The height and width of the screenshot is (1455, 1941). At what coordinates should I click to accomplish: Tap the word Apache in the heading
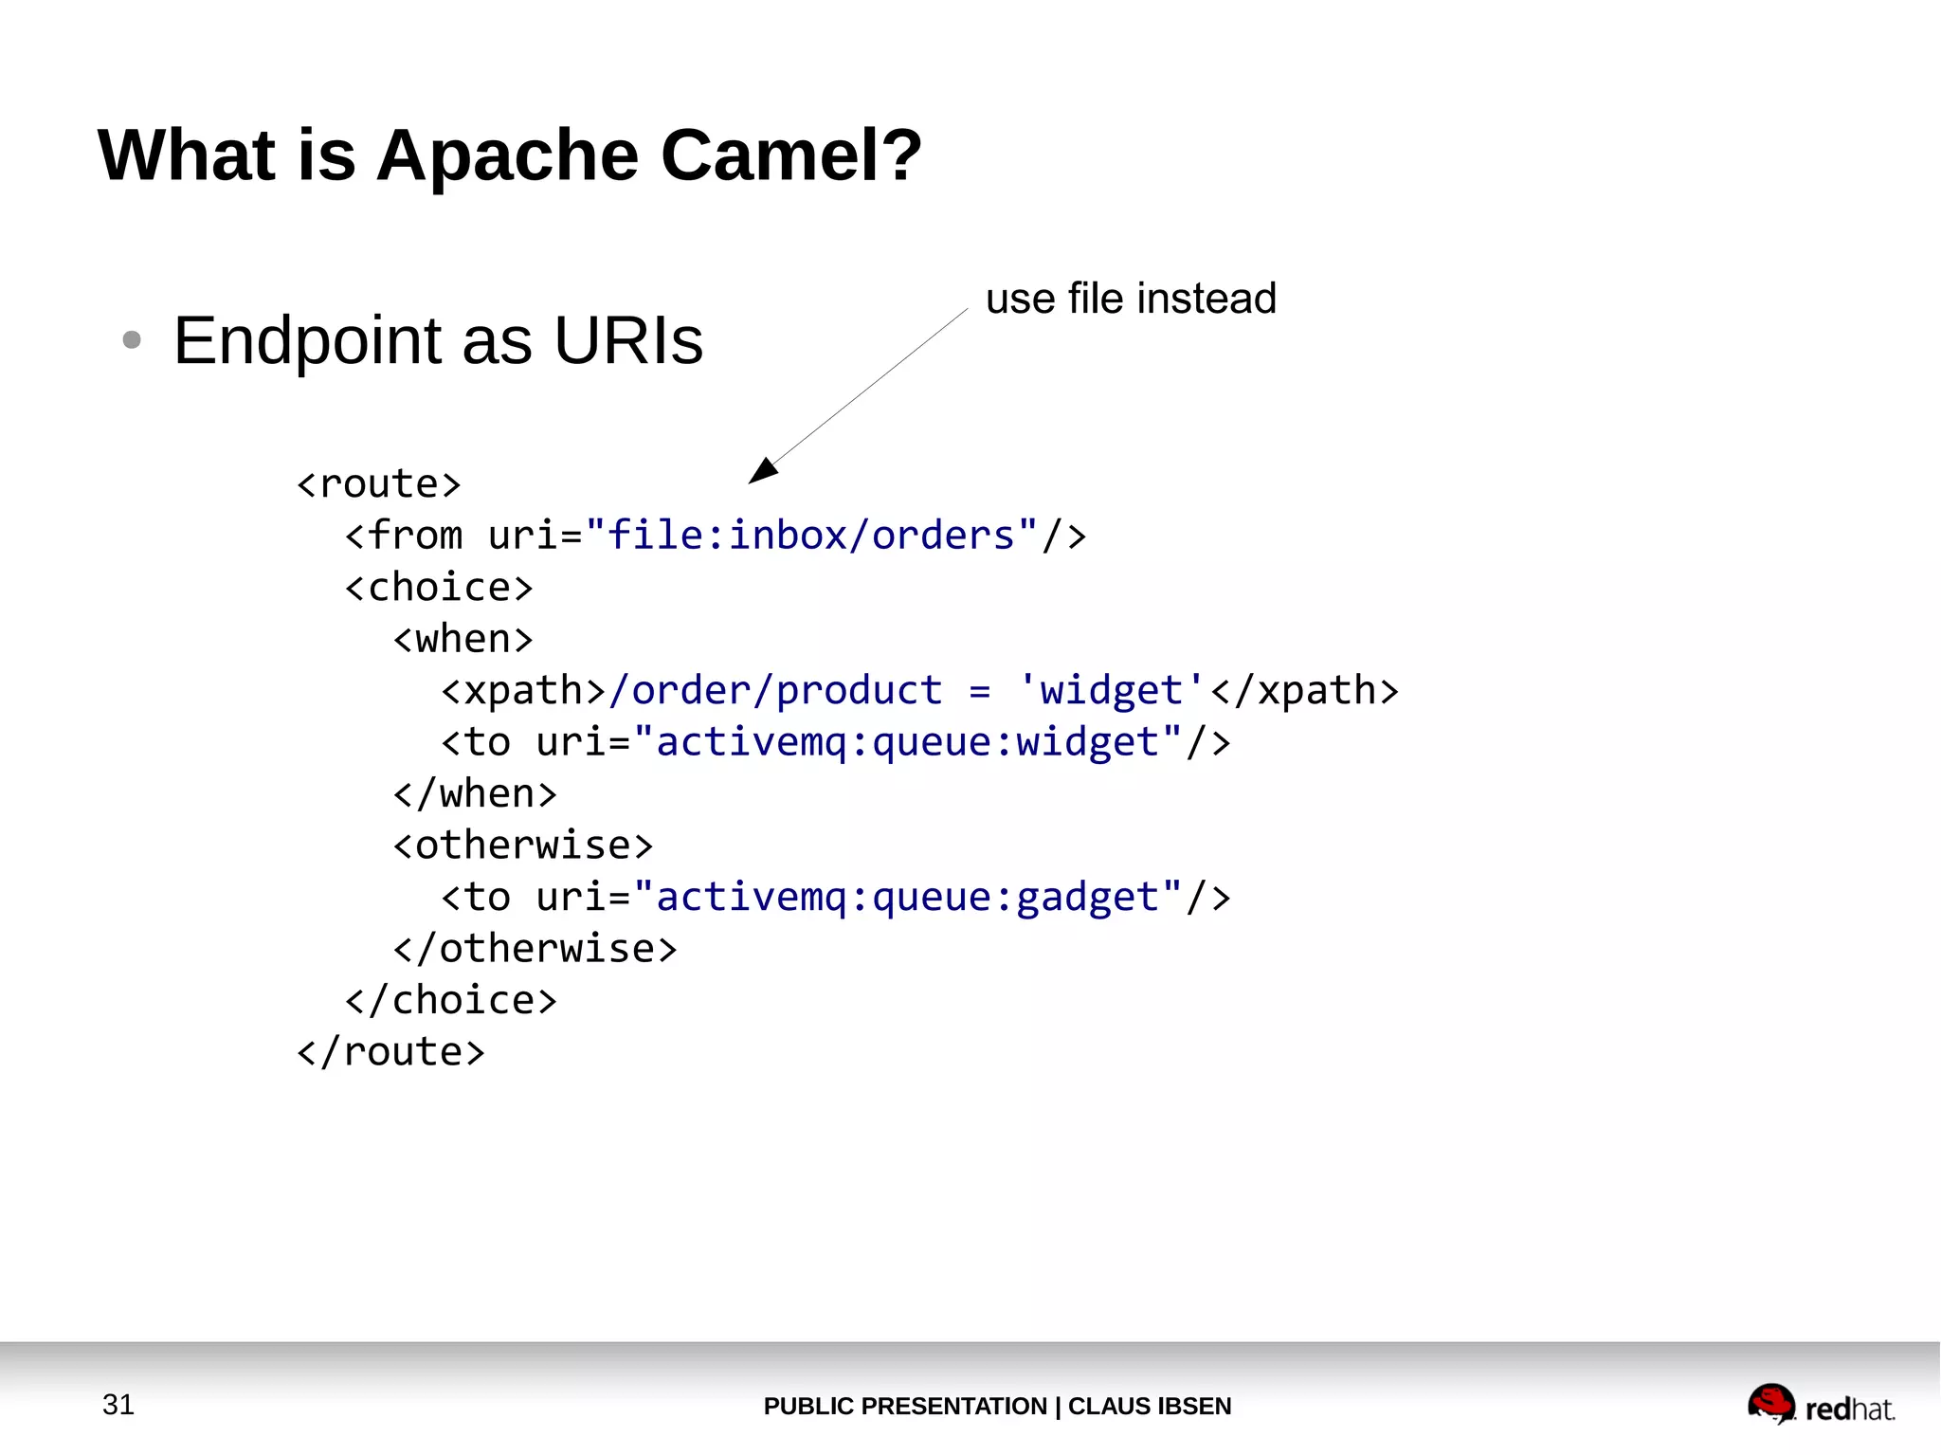pyautogui.click(x=508, y=156)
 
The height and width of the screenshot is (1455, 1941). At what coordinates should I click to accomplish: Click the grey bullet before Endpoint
pyautogui.click(x=132, y=339)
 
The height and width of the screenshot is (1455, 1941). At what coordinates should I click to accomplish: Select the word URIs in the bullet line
pyautogui.click(x=627, y=340)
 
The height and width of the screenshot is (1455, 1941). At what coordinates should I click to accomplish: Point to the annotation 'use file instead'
pyautogui.click(x=1131, y=299)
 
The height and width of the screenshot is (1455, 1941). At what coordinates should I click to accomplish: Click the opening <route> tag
pyautogui.click(x=378, y=484)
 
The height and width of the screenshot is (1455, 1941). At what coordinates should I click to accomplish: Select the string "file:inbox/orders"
pyautogui.click(x=811, y=536)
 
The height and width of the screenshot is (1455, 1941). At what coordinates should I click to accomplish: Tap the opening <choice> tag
pyautogui.click(x=438, y=588)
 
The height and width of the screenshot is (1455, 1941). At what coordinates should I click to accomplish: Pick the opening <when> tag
pyautogui.click(x=463, y=639)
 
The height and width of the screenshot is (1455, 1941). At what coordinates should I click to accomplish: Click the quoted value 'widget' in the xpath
pyautogui.click(x=1111, y=691)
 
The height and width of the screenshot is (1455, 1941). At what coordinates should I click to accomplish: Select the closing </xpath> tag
pyautogui.click(x=1304, y=691)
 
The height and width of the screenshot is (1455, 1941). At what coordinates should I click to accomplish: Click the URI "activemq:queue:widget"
pyautogui.click(x=907, y=742)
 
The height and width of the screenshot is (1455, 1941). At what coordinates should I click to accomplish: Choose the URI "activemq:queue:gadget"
pyautogui.click(x=907, y=897)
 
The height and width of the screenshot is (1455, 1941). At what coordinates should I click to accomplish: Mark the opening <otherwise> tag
pyautogui.click(x=522, y=846)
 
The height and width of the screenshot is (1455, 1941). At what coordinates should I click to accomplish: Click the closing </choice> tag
pyautogui.click(x=450, y=1000)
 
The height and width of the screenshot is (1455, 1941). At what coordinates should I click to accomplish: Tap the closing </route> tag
pyautogui.click(x=390, y=1052)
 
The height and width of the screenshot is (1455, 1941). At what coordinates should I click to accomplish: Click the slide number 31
pyautogui.click(x=118, y=1404)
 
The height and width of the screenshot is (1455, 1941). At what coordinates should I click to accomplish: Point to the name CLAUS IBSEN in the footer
pyautogui.click(x=1149, y=1406)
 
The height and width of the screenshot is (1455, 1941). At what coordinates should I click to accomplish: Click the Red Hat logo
pyautogui.click(x=1820, y=1405)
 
